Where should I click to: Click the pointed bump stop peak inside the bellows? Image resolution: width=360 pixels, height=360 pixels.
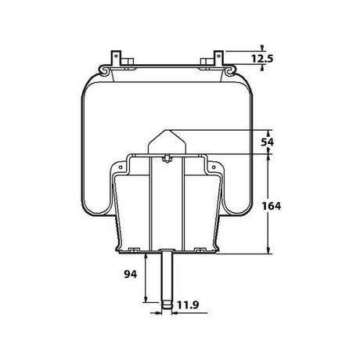pos(165,129)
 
